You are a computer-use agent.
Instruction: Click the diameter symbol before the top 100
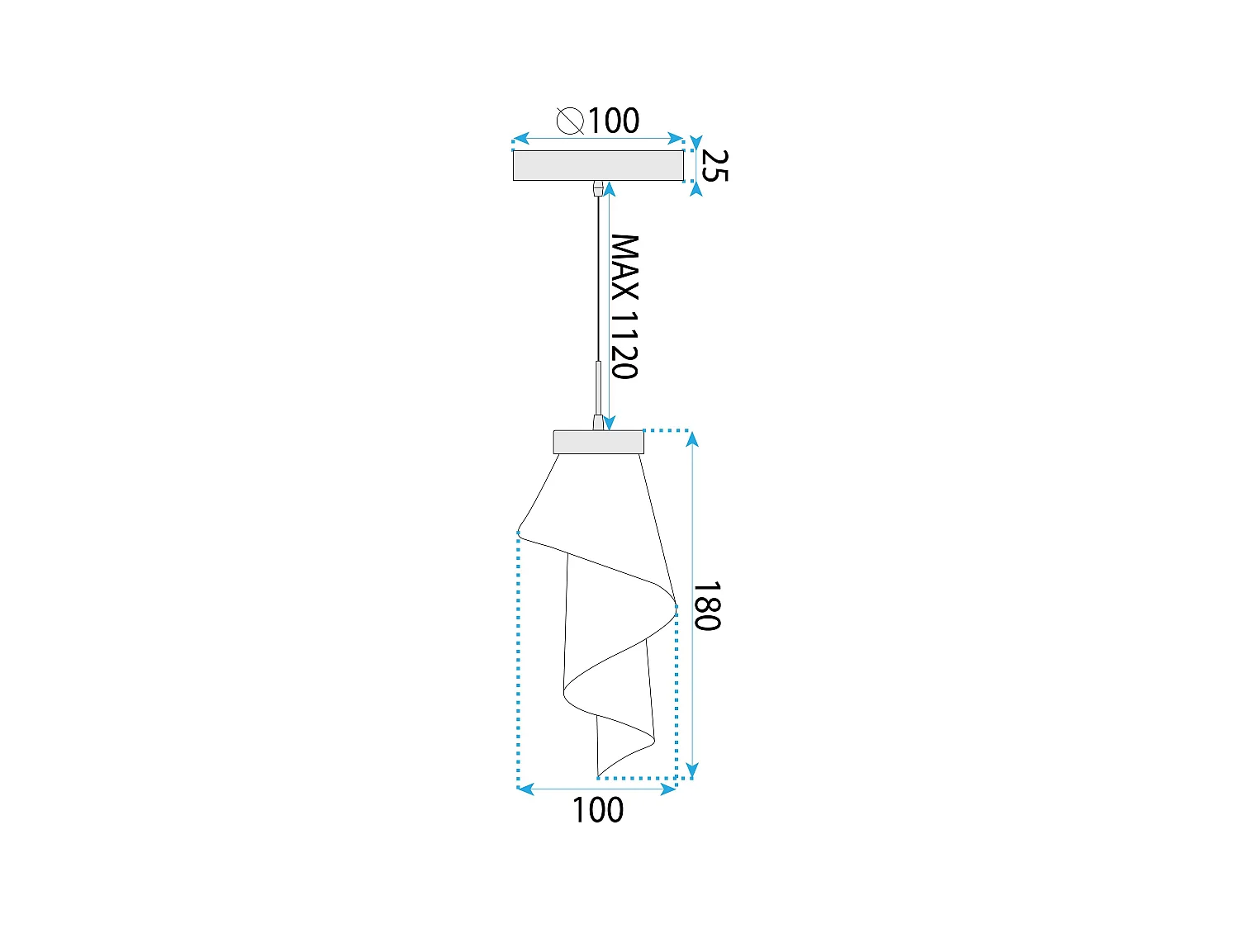tap(570, 121)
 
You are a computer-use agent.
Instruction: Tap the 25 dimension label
tap(715, 165)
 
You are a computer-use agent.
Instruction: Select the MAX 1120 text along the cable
tap(625, 306)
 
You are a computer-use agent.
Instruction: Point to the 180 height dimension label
tap(707, 606)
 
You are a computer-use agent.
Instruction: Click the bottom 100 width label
tap(598, 810)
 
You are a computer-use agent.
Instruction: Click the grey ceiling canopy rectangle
tap(598, 165)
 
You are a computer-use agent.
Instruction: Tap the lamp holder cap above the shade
tap(598, 442)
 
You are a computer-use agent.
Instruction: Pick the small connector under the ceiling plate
tap(597, 189)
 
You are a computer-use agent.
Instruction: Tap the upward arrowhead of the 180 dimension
tap(692, 438)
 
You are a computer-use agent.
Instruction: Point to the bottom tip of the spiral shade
tap(598, 776)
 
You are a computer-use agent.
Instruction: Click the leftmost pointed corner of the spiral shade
tap(518, 533)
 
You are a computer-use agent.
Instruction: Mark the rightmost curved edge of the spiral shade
tap(675, 606)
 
